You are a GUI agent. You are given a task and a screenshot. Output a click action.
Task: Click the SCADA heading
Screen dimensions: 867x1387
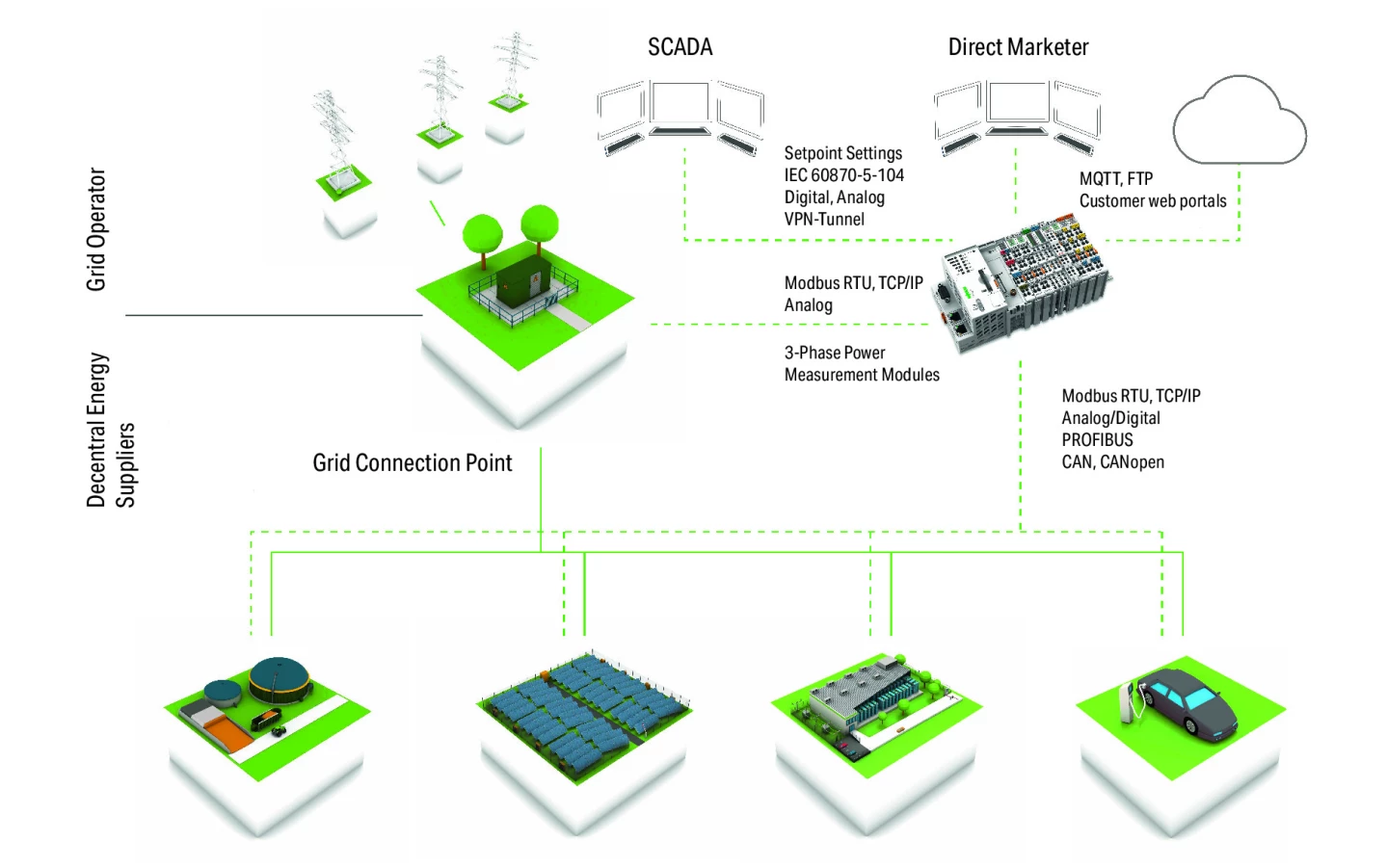[x=680, y=47]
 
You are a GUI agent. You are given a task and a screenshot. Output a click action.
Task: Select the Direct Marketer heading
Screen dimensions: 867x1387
[x=1018, y=47]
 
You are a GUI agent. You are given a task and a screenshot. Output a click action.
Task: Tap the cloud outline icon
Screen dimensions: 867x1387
[x=1240, y=120]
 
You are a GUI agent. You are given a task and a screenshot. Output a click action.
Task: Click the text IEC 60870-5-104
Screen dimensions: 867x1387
[x=843, y=175]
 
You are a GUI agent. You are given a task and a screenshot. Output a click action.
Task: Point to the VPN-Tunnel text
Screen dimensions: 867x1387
[x=824, y=220]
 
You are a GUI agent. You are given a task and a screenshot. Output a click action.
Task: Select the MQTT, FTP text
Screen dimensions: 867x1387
[x=1115, y=179]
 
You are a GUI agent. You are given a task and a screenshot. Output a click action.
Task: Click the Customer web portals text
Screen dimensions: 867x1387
[x=1152, y=201]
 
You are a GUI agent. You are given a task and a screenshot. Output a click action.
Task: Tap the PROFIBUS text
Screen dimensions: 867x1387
[x=1097, y=440]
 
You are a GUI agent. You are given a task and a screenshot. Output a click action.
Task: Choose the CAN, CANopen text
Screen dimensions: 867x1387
[x=1112, y=462]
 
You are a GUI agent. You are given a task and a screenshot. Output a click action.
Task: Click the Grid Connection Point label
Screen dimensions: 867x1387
[x=412, y=463]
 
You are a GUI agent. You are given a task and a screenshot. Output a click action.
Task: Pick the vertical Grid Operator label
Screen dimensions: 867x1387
[x=96, y=229]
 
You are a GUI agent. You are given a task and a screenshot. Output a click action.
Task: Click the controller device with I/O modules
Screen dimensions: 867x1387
[x=1021, y=280]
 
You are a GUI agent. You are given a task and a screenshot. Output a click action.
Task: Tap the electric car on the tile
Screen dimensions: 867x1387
[x=1188, y=702]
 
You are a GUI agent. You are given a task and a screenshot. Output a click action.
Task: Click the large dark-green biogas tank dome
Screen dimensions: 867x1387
[x=280, y=678]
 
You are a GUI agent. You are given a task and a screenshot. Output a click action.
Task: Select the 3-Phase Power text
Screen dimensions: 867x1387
[x=834, y=354]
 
